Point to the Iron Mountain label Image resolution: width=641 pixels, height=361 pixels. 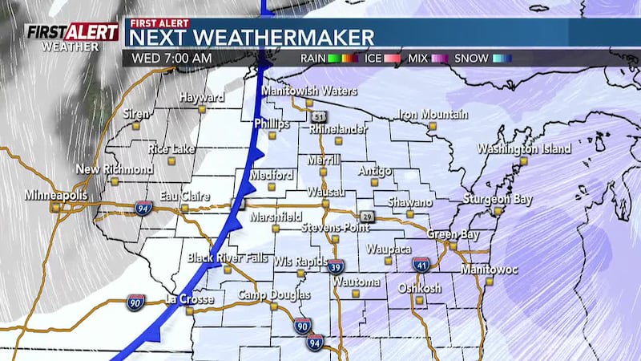point(433,115)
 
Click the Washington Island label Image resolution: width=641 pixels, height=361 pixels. point(524,149)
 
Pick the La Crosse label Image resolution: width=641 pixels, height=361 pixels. point(189,300)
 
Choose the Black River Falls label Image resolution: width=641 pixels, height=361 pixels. point(228,258)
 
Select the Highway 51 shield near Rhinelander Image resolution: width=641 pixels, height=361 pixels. point(319,116)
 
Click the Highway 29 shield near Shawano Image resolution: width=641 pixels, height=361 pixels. point(367,217)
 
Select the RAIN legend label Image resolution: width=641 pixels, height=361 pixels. point(316,58)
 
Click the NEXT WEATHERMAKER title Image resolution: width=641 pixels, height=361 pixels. point(252,37)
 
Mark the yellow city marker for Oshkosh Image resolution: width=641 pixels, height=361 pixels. point(418,300)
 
